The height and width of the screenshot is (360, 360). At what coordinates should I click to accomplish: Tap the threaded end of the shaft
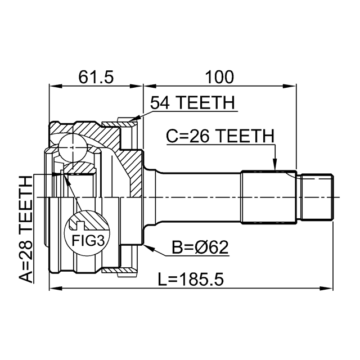click(317, 197)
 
